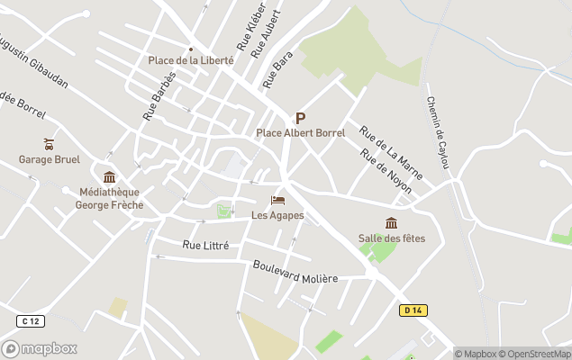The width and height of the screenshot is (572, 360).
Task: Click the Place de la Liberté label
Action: tap(191, 60)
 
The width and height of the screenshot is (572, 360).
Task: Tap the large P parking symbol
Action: tap(300, 118)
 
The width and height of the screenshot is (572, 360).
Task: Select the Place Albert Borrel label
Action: tap(301, 133)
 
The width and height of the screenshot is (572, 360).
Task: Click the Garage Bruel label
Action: tap(50, 160)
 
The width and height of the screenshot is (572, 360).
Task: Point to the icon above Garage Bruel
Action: tap(49, 144)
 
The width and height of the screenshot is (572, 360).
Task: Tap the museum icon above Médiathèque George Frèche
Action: tap(110, 176)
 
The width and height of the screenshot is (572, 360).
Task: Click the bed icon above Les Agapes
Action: tap(277, 200)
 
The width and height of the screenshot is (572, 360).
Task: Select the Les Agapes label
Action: tap(277, 215)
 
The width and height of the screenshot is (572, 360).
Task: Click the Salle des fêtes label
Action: tap(392, 238)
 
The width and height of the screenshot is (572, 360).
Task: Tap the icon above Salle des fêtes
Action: tap(391, 222)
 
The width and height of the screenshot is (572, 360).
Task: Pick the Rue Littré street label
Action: tap(205, 245)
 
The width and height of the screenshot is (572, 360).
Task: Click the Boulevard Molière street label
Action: tap(295, 272)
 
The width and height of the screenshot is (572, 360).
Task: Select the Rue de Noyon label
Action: tap(386, 170)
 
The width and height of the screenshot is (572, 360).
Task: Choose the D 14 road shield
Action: tap(413, 310)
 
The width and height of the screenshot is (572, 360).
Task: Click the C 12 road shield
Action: tap(30, 321)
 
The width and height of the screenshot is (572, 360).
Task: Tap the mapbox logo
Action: tap(40, 348)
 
